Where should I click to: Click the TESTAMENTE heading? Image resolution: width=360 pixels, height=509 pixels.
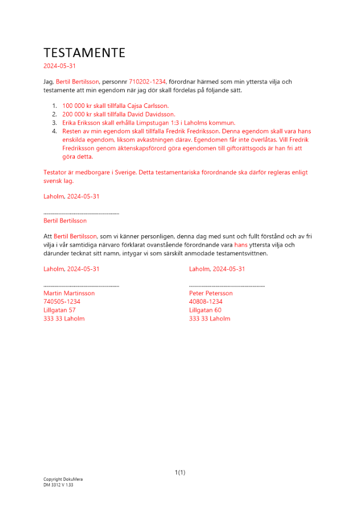pyautogui.click(x=84, y=53)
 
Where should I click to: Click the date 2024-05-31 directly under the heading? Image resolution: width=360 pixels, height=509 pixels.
pyautogui.click(x=60, y=66)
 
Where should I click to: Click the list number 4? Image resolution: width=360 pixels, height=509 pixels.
pyautogui.click(x=55, y=131)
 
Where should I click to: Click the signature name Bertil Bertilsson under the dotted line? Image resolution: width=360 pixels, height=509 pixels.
pyautogui.click(x=65, y=221)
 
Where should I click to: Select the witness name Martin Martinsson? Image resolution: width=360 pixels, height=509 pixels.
pyautogui.click(x=69, y=293)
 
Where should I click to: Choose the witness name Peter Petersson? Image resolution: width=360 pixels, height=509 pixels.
pyautogui.click(x=211, y=293)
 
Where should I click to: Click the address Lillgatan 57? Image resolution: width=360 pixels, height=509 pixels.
pyautogui.click(x=60, y=310)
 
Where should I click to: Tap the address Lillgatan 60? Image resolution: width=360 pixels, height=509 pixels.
pyautogui.click(x=205, y=310)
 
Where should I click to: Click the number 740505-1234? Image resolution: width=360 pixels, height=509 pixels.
pyautogui.click(x=62, y=302)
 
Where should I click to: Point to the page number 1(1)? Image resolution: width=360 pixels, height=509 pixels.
pyautogui.click(x=180, y=473)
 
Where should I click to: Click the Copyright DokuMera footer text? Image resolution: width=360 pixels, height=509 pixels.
pyautogui.click(x=63, y=479)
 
